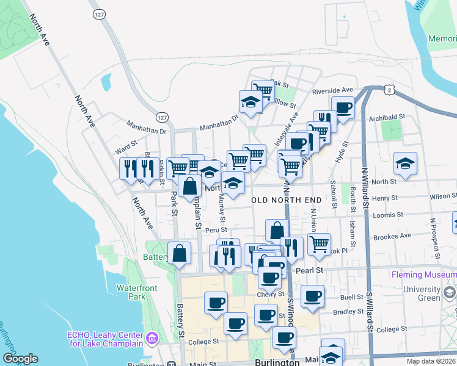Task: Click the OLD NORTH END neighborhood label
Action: pyautogui.click(x=287, y=200)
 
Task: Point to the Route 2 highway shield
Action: pyautogui.click(x=389, y=89)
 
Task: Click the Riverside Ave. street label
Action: pyautogui.click(x=333, y=91)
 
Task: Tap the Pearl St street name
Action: pyautogui.click(x=309, y=269)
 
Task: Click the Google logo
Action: pyautogui.click(x=20, y=359)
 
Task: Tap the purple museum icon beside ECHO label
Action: pyautogui.click(x=152, y=337)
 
